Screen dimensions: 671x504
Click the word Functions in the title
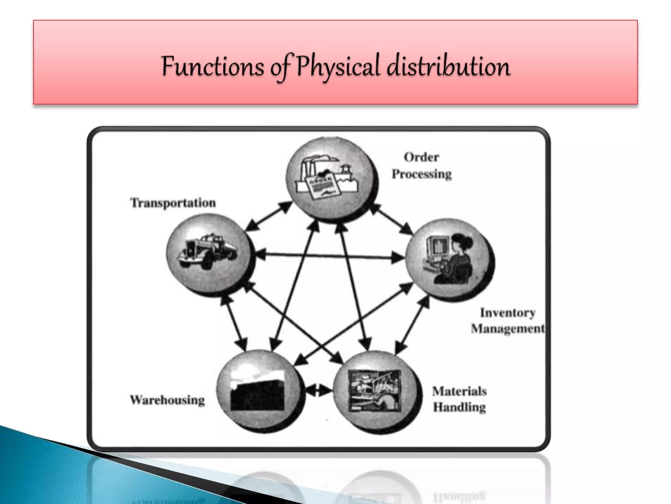pyautogui.click(x=212, y=67)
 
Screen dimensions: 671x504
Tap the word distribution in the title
pyautogui.click(x=448, y=67)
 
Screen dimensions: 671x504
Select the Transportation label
pyautogui.click(x=173, y=203)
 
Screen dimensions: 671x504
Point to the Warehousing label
pyautogui.click(x=167, y=400)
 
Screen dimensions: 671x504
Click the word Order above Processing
pyautogui.click(x=421, y=157)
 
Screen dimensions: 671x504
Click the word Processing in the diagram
pyautogui.click(x=422, y=174)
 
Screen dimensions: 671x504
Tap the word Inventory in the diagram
pyautogui.click(x=508, y=313)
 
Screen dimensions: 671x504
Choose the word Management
pyautogui.click(x=508, y=328)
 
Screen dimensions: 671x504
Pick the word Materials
pyautogui.click(x=459, y=391)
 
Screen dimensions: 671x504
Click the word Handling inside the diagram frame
pyautogui.click(x=459, y=407)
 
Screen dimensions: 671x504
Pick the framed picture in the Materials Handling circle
pyautogui.click(x=374, y=390)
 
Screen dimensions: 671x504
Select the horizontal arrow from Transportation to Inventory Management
pyautogui.click(x=329, y=256)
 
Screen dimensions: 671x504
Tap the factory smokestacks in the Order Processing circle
pyautogui.click(x=308, y=167)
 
